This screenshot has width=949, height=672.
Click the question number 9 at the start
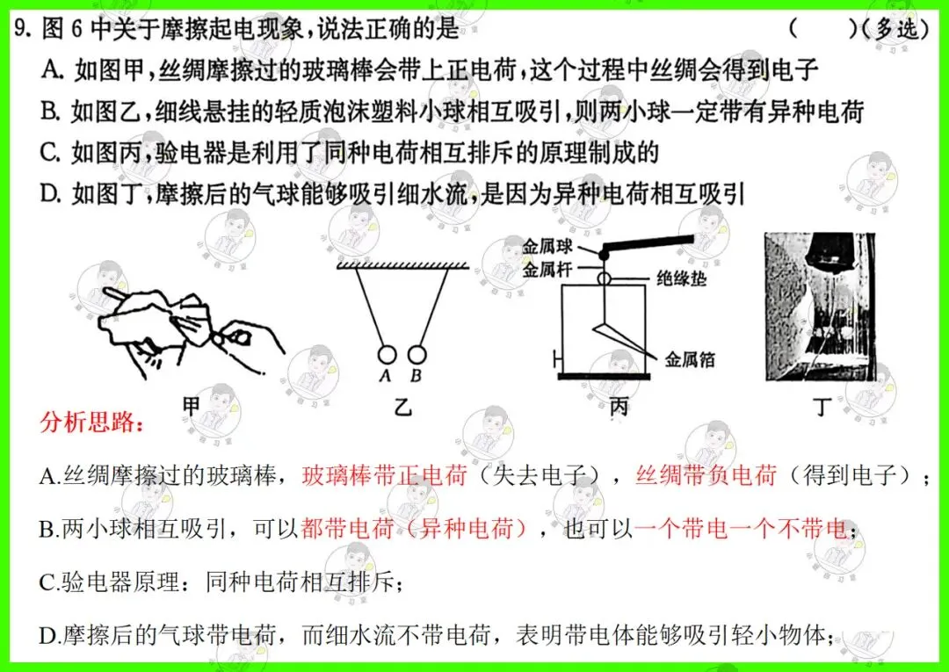coord(22,30)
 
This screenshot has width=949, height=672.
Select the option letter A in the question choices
coord(51,69)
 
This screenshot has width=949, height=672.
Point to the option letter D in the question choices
coord(51,193)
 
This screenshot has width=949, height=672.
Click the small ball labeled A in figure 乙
coord(387,354)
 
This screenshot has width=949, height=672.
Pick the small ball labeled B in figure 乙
coord(417,354)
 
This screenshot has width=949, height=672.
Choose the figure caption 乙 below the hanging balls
coord(402,407)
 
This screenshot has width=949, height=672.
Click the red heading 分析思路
coord(91,423)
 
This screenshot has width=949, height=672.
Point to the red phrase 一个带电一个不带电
coord(740,528)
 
